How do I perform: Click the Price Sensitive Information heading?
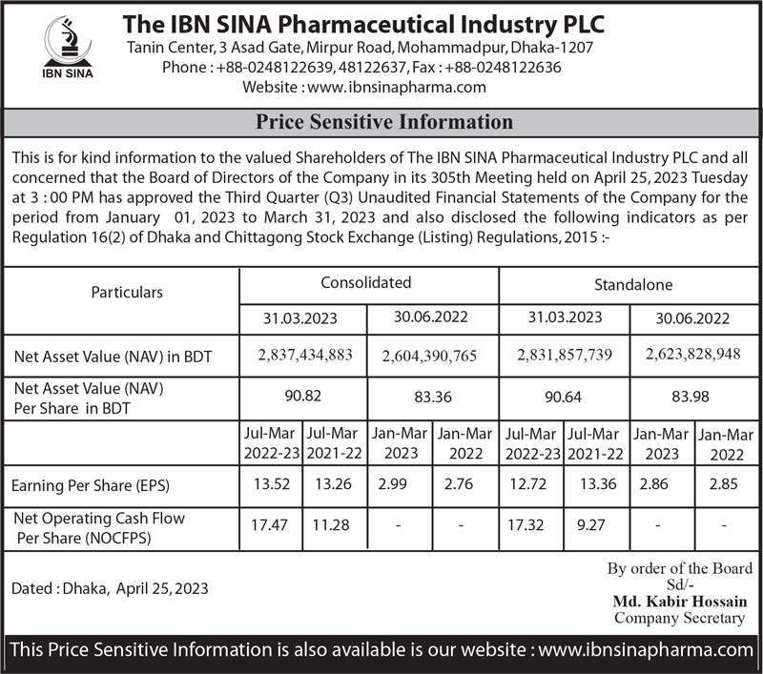tap(384, 122)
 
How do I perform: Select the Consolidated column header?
tap(366, 283)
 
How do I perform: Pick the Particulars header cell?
tap(127, 292)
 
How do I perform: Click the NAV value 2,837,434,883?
tap(305, 355)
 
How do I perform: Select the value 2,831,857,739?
tap(563, 355)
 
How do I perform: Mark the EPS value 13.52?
tap(271, 484)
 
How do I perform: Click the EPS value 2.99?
tap(392, 484)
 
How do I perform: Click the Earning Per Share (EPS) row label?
tap(91, 486)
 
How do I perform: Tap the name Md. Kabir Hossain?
tap(679, 602)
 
